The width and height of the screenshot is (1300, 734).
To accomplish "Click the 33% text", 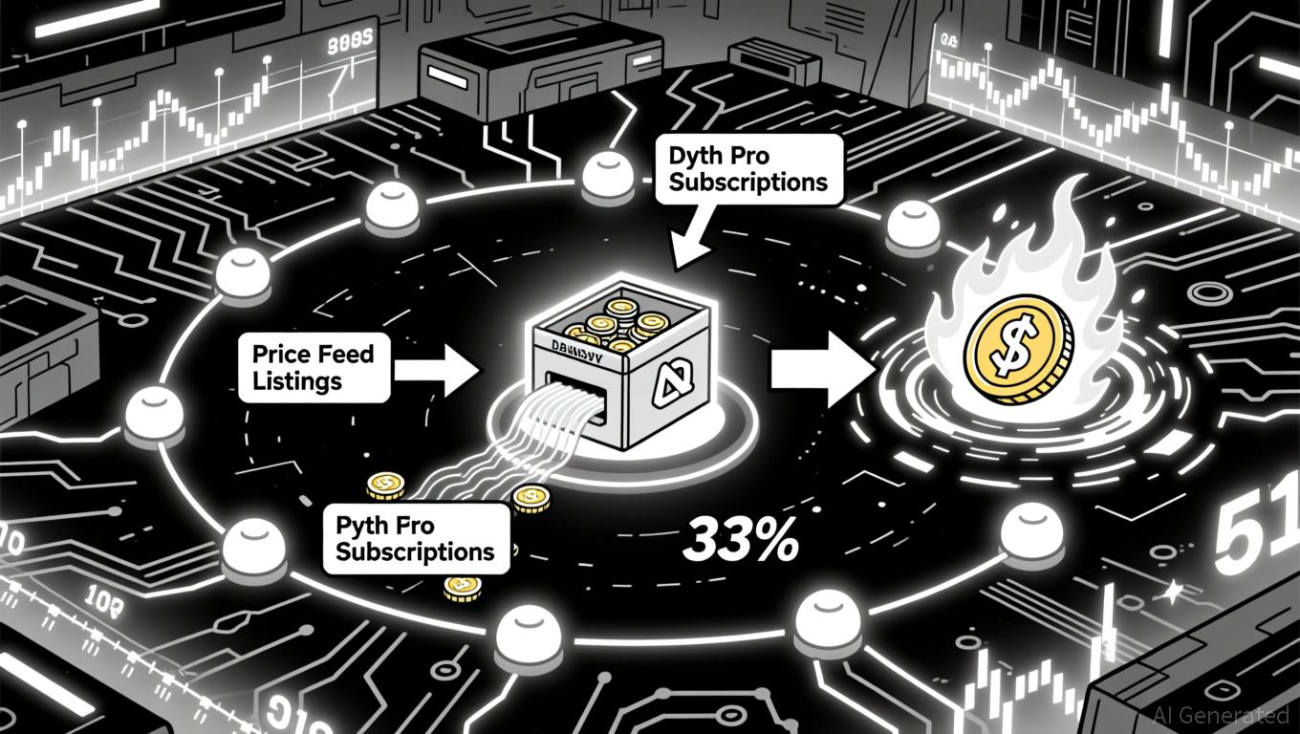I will pos(741,543).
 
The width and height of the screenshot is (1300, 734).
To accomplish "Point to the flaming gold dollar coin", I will pos(1017,347).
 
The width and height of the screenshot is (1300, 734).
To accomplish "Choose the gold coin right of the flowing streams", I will pos(529,496).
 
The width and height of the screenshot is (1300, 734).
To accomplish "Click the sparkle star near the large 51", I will pos(1170,593).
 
